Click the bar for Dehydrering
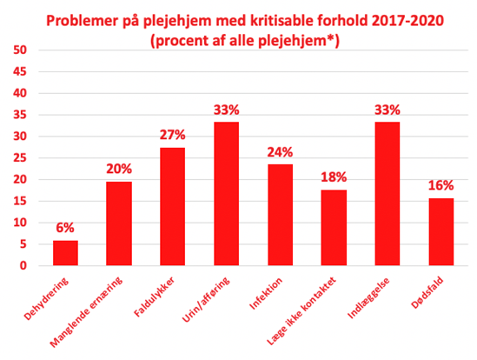[65, 253]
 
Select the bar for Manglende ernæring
[119, 223]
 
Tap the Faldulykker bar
[173, 206]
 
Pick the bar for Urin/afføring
[226, 194]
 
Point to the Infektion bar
[280, 215]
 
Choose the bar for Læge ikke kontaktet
[334, 228]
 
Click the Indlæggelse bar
[388, 194]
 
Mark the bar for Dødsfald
[441, 232]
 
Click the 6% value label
[65, 228]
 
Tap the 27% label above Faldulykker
[173, 135]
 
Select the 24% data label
[280, 152]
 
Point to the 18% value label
[334, 177]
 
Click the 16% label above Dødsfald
[441, 185]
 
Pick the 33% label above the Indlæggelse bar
[388, 110]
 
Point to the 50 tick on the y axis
[20, 50]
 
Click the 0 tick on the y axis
[23, 265]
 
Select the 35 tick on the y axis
[20, 115]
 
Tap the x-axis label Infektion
[266, 294]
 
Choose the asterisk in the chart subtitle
[331, 38]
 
